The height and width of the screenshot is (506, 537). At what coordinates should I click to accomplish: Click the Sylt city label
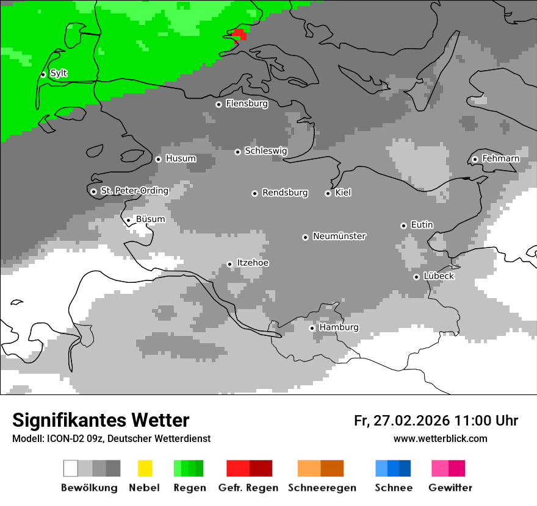pos(59,74)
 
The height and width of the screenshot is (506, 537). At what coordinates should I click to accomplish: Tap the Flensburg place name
pos(247,104)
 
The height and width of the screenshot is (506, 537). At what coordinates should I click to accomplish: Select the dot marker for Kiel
pos(328,193)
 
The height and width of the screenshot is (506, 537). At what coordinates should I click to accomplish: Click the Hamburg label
pos(339,327)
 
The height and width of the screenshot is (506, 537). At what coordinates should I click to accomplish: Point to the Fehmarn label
pos(500,159)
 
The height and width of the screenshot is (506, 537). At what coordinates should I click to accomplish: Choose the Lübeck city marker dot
pos(416,277)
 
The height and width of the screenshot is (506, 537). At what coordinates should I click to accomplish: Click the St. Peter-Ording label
pos(134,191)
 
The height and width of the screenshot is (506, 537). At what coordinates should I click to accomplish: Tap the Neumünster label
pos(339,236)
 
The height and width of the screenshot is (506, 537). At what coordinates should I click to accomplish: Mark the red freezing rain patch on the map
pos(239,34)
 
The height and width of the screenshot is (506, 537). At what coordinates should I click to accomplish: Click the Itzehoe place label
pos(253,263)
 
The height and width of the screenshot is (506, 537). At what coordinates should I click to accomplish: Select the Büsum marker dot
pos(128,220)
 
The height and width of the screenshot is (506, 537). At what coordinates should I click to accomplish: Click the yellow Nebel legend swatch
pos(145,468)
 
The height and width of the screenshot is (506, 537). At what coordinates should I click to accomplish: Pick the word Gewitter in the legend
pos(450,488)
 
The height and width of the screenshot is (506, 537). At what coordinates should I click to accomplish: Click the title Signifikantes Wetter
pos(101,420)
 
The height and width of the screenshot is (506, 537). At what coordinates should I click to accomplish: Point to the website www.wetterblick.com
pos(440,438)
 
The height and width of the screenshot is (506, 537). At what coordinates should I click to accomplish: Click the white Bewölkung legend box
pos(71,468)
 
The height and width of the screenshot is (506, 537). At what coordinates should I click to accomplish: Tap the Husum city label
pos(181,159)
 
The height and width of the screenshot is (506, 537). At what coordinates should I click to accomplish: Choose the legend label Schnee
pos(394,488)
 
